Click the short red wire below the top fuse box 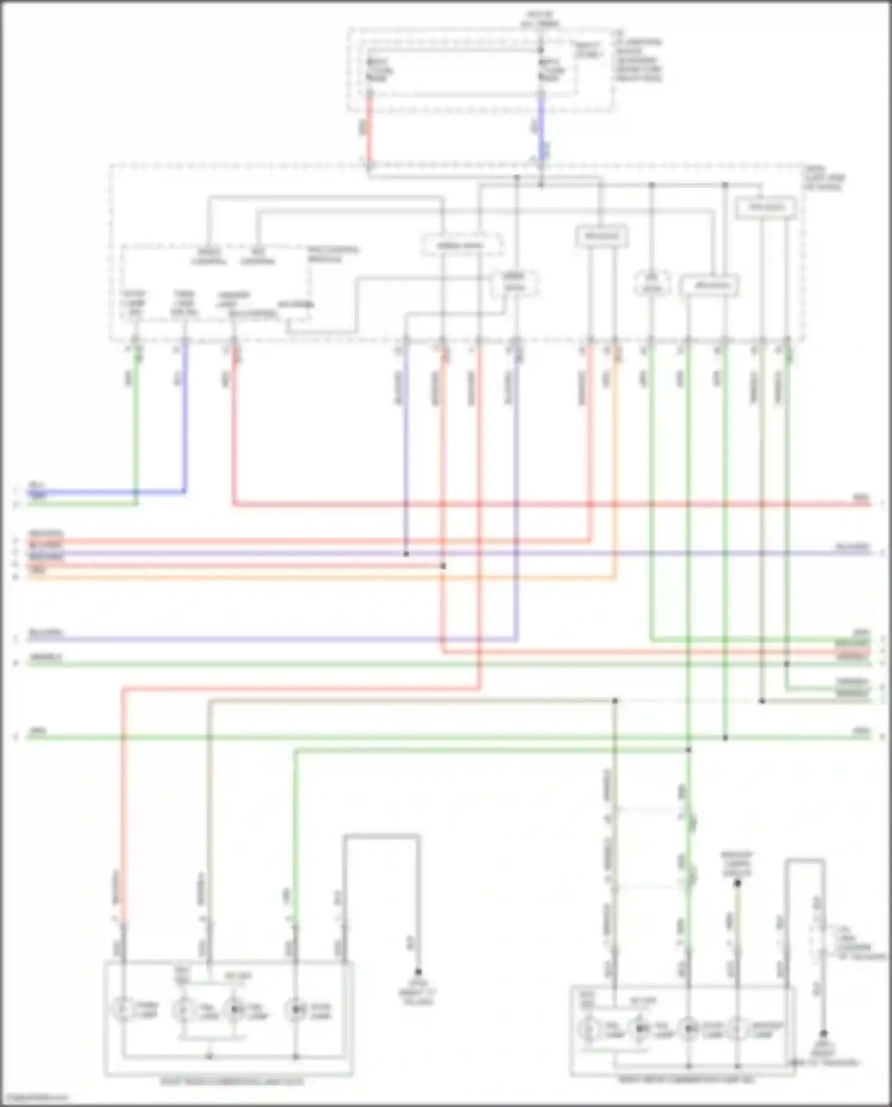[x=369, y=131]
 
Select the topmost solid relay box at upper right [x=765, y=208]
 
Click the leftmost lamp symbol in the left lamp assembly [x=123, y=1009]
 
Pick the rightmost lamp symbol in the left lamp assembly [x=296, y=1009]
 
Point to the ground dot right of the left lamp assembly [x=419, y=973]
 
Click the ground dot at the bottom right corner [x=824, y=1034]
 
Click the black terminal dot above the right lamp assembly [x=737, y=883]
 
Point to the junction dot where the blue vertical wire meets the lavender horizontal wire [x=406, y=554]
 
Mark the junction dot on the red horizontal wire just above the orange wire [x=443, y=566]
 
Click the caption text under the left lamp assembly [x=232, y=1081]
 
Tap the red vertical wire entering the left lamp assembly [x=123, y=803]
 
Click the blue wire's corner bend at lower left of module [x=184, y=491]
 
